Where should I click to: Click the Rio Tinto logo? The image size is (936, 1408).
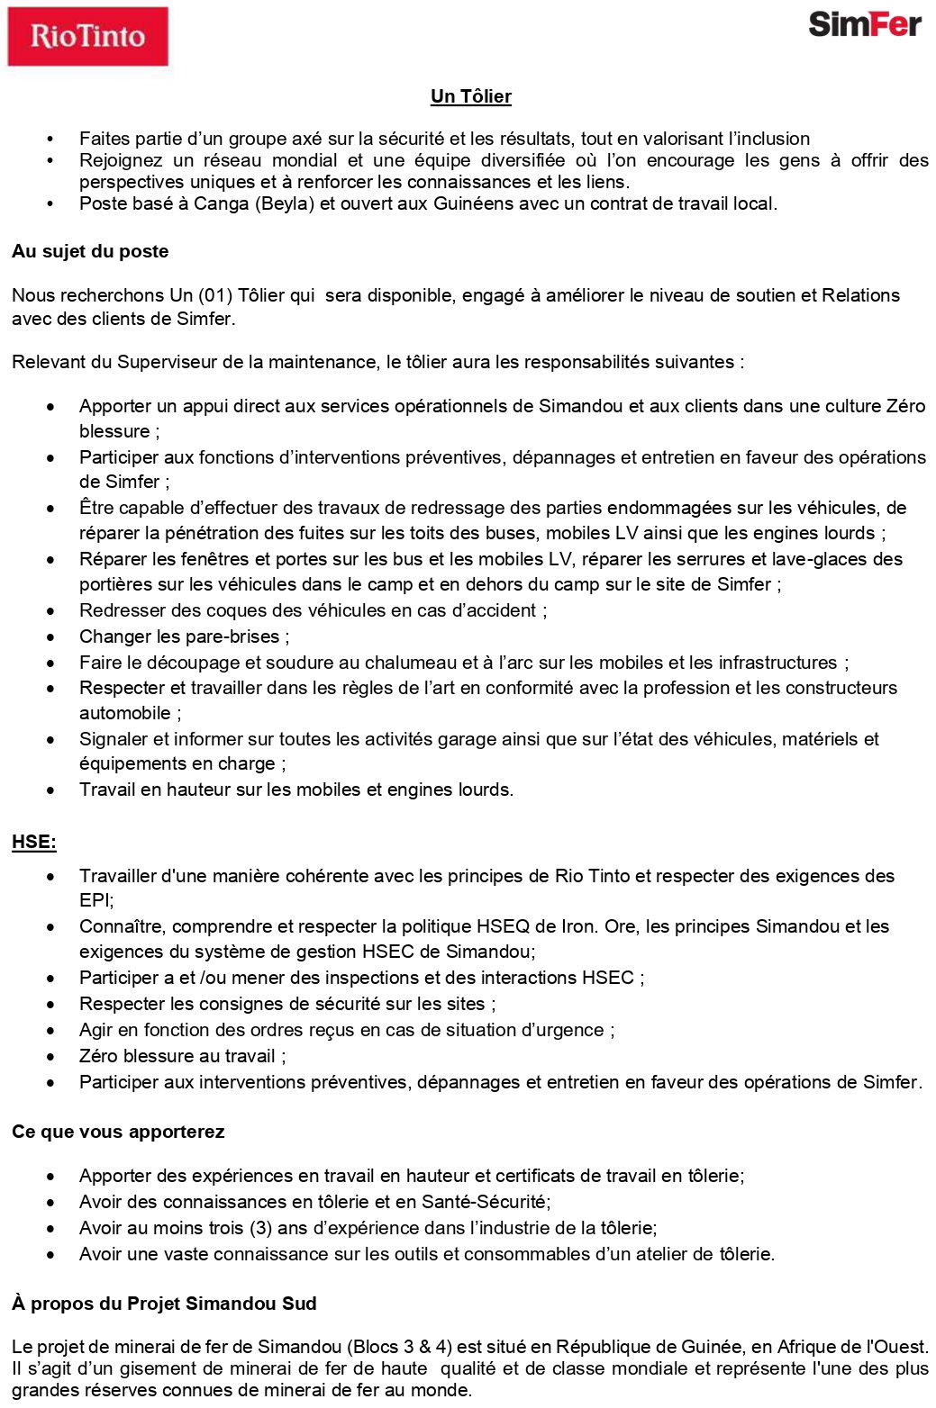pyautogui.click(x=87, y=37)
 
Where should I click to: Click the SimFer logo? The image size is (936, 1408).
pyautogui.click(x=864, y=24)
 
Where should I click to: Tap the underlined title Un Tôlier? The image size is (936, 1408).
pyautogui.click(x=470, y=96)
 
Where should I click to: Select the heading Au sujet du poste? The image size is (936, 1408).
pyautogui.click(x=90, y=251)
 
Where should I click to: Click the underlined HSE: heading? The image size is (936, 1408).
pyautogui.click(x=34, y=843)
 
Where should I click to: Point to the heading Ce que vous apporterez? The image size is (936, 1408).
pyautogui.click(x=118, y=1132)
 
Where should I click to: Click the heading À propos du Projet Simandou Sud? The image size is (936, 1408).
pyautogui.click(x=164, y=1304)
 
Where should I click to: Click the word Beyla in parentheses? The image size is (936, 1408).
pyautogui.click(x=283, y=203)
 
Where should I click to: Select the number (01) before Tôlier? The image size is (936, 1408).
pyautogui.click(x=215, y=295)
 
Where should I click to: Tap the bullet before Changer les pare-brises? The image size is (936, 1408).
pyautogui.click(x=51, y=636)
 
